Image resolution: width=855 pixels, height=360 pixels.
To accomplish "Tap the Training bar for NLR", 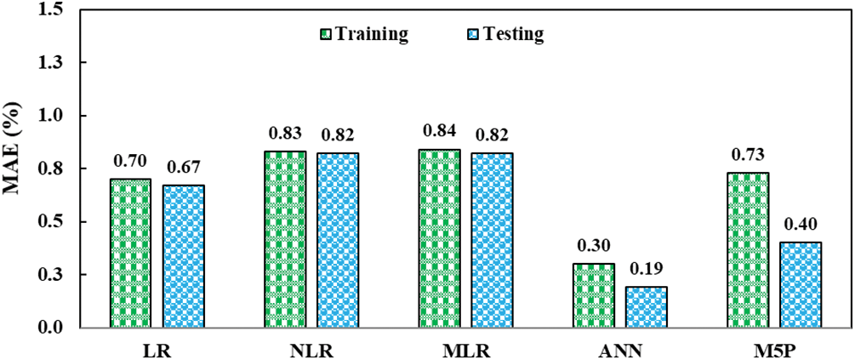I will tap(285, 239).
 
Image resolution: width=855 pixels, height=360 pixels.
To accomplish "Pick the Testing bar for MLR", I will tap(493, 240).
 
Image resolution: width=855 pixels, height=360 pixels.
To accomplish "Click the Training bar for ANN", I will tap(595, 295).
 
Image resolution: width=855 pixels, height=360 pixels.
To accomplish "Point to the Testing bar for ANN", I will tap(647, 306).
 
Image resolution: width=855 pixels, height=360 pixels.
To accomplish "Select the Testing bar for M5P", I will tap(801, 284).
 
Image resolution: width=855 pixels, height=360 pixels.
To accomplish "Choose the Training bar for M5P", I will tap(749, 249).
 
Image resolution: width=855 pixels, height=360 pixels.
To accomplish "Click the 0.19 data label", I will tap(646, 270).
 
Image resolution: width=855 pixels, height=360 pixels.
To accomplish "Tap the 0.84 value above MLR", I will tap(439, 132).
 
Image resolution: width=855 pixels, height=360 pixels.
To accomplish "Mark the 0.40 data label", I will tap(801, 225).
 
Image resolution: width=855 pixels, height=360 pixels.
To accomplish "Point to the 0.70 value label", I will tap(130, 162).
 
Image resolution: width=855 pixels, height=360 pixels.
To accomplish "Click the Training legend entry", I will tap(364, 35).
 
